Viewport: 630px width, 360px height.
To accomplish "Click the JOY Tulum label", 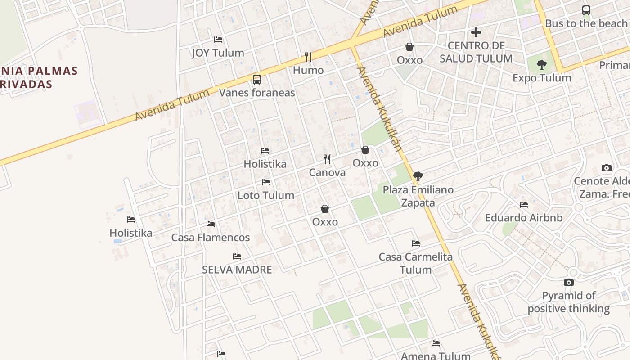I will click(218, 53).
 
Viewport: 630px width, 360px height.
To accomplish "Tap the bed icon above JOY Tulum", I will click(218, 40).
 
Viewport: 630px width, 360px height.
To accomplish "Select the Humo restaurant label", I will click(308, 70).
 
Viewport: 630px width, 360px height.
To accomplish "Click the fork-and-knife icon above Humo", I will click(308, 57).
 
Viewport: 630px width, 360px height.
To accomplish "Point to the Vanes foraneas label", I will click(257, 93).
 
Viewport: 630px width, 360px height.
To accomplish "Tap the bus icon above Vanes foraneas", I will click(257, 80).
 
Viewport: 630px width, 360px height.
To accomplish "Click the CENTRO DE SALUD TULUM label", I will click(476, 52).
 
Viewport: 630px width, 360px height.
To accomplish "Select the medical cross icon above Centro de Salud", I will click(476, 32).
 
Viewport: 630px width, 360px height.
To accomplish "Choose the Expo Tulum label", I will click(542, 78).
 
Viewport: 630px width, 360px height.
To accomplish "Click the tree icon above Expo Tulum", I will click(542, 65).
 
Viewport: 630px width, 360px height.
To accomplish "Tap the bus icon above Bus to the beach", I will click(586, 10).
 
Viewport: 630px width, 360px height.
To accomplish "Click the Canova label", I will click(327, 172).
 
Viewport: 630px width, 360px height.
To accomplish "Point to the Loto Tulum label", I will click(266, 195).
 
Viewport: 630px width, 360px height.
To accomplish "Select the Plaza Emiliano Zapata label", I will click(418, 196).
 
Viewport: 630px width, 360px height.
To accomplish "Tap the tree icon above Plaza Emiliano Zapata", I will click(418, 176).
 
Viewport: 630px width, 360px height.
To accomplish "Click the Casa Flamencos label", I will click(211, 238).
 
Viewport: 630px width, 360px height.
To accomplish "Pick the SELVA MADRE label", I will click(237, 270).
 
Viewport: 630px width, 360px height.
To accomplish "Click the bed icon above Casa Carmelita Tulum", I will click(416, 243).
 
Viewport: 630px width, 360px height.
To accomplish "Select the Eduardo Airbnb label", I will click(524, 218).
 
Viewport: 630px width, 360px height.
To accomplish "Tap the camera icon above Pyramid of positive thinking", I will click(569, 283).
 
